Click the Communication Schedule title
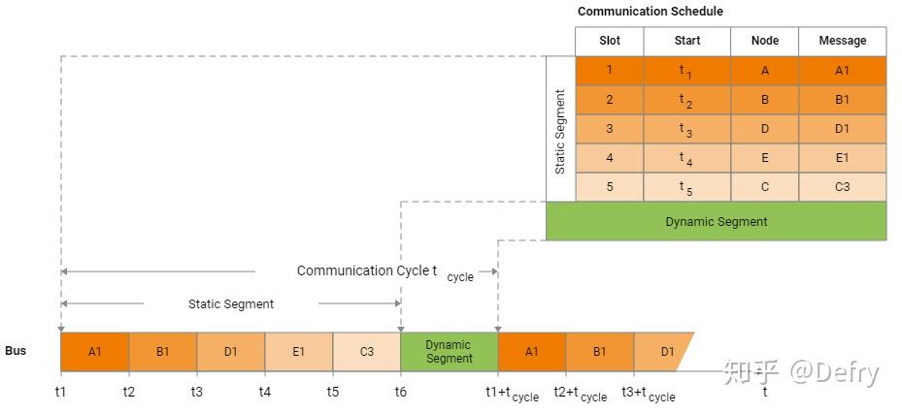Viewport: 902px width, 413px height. click(x=650, y=12)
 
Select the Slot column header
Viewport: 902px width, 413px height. click(x=609, y=41)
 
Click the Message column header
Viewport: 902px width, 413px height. click(x=842, y=41)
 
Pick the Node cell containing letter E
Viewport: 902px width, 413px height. click(x=764, y=158)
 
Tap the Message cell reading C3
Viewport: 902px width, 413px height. click(x=842, y=187)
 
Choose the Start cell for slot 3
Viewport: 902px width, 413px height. click(x=685, y=129)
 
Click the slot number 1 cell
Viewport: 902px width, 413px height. click(x=609, y=71)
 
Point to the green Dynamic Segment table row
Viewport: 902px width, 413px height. click(x=716, y=221)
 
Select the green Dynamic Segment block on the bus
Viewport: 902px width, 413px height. click(x=449, y=352)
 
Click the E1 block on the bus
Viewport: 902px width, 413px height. click(x=298, y=352)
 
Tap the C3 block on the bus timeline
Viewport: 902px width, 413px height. click(x=366, y=352)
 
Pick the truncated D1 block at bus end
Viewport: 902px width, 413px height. click(x=665, y=352)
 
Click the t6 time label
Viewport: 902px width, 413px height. click(x=400, y=392)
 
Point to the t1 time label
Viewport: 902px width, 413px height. click(x=60, y=392)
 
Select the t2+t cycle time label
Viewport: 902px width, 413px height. click(x=580, y=393)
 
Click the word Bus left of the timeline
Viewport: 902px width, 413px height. click(x=16, y=351)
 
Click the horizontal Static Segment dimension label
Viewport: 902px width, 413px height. click(x=230, y=303)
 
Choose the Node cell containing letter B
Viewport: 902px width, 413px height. click(x=764, y=100)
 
